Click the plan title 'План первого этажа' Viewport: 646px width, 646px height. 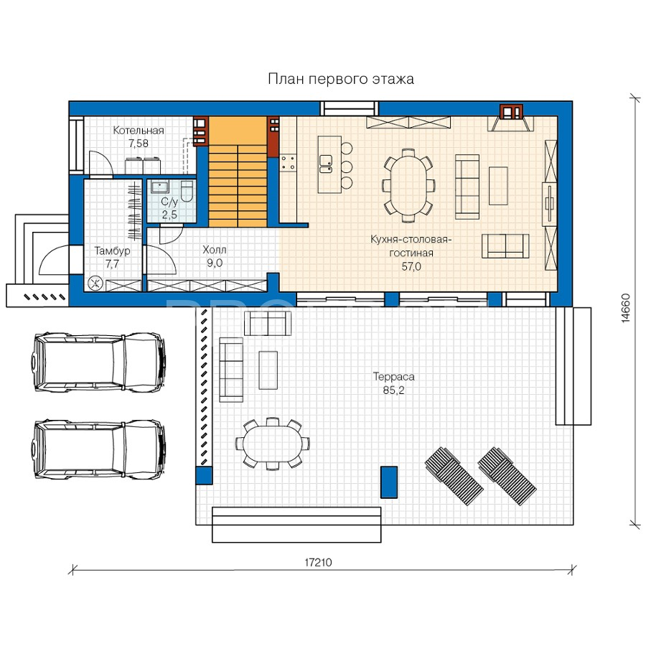click(x=341, y=79)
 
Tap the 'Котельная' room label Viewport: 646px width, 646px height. click(x=139, y=131)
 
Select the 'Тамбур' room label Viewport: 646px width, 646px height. click(x=112, y=251)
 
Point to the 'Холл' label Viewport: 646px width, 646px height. click(x=214, y=250)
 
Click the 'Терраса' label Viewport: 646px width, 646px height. click(x=393, y=377)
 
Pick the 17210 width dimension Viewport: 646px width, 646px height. click(x=318, y=562)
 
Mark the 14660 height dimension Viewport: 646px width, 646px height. click(x=626, y=308)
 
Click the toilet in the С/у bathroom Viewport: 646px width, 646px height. click(x=187, y=191)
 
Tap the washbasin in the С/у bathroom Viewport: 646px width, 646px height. click(x=159, y=187)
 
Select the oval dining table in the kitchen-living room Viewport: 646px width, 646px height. click(x=408, y=185)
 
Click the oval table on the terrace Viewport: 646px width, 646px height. click(x=272, y=444)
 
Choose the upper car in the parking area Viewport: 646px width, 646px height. click(x=99, y=362)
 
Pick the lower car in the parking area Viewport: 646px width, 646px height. click(x=99, y=450)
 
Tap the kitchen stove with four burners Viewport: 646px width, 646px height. click(x=289, y=162)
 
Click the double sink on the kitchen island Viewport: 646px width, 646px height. click(x=325, y=164)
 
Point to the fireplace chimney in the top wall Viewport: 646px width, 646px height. click(x=511, y=112)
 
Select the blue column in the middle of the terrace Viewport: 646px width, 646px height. click(x=389, y=482)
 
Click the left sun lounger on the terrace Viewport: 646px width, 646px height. click(x=454, y=476)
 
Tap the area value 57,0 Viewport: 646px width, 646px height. click(x=411, y=266)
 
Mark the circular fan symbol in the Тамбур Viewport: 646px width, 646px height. click(x=95, y=283)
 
